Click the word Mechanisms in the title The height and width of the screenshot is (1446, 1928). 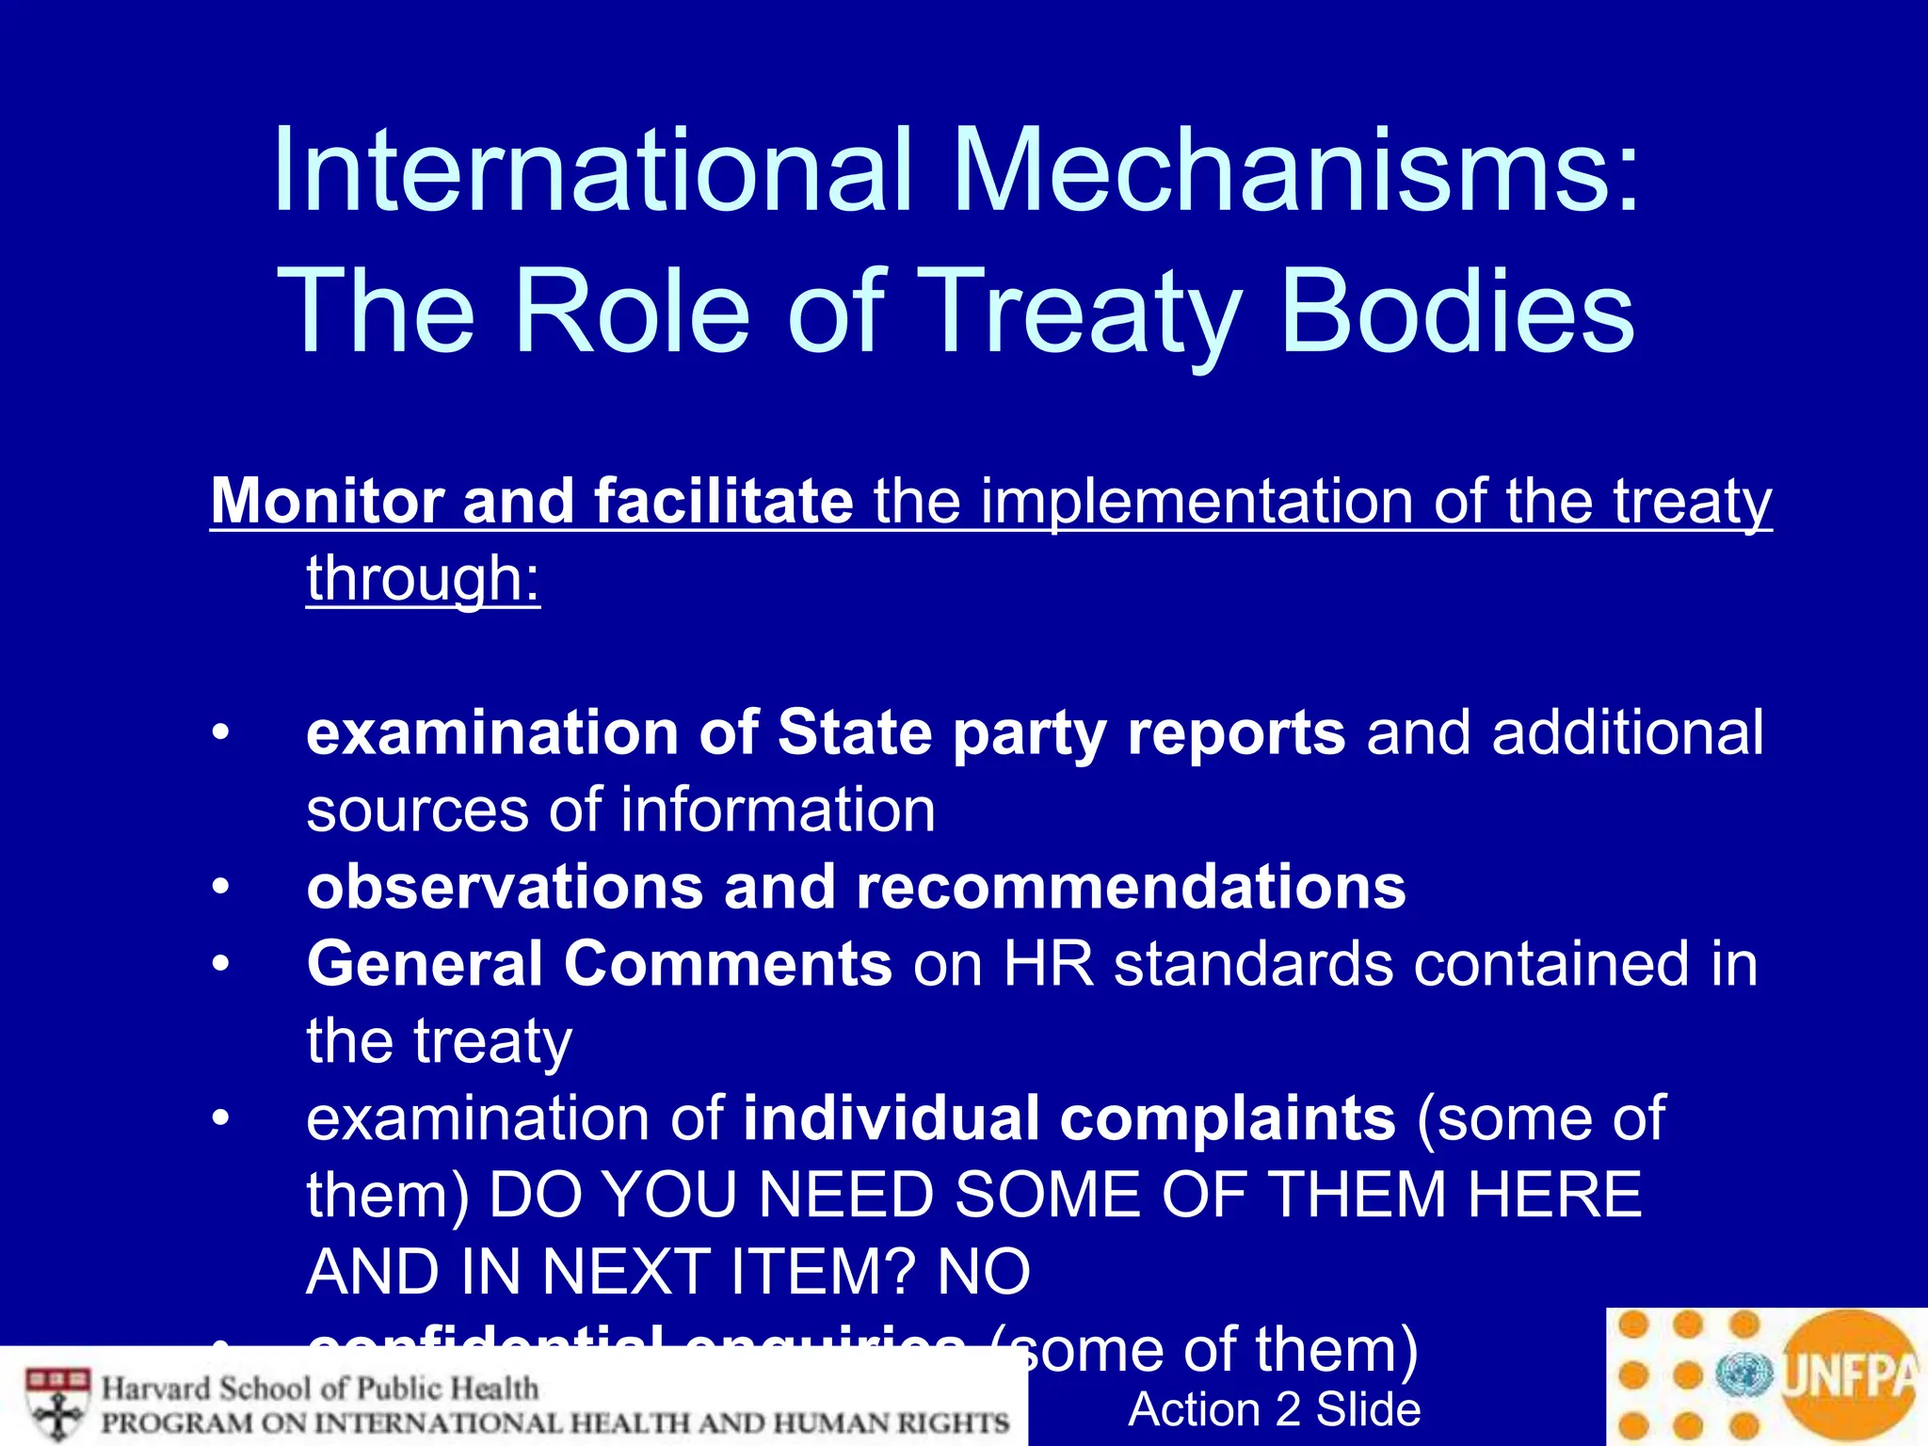point(1296,171)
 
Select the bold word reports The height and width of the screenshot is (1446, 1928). point(1236,732)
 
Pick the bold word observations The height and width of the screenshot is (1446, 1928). point(505,887)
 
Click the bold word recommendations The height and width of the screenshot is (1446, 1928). point(1131,887)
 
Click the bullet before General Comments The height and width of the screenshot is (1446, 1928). point(220,964)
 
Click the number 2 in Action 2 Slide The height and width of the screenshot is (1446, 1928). point(1288,1409)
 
